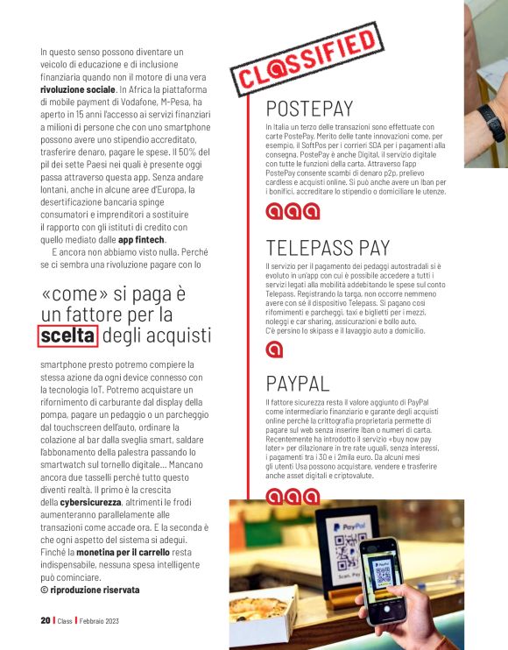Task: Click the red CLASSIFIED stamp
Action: [x=303, y=62]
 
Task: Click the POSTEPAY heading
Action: [x=309, y=110]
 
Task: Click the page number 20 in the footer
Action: [x=45, y=620]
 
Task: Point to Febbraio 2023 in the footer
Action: [x=99, y=620]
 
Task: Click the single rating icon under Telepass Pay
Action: [x=274, y=350]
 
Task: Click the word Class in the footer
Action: [x=65, y=620]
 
